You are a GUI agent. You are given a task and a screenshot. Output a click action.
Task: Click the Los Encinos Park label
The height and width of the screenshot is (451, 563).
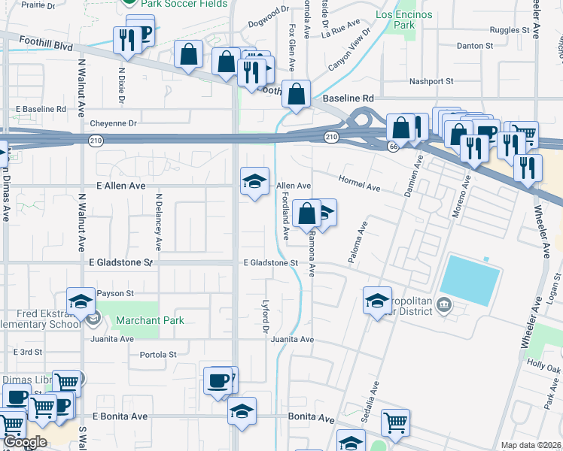[x=405, y=20]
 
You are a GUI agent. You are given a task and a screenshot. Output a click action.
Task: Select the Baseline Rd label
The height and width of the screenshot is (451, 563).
[x=348, y=98]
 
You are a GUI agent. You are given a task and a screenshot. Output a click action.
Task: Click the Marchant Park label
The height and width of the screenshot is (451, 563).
[x=150, y=320]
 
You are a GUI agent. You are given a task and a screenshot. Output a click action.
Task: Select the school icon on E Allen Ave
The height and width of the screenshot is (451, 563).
[x=254, y=181]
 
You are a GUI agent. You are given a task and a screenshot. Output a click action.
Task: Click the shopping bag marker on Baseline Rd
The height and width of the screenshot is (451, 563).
[x=298, y=95]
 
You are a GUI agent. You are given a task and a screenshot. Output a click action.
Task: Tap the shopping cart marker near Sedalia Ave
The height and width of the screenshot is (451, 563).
[x=395, y=422]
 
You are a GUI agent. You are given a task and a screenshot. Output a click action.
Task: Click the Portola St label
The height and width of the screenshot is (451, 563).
[x=158, y=354]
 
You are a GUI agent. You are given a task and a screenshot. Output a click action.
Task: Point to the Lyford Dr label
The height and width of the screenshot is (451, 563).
[x=265, y=319]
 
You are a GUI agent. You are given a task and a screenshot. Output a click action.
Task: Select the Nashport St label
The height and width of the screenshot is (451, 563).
[x=431, y=81]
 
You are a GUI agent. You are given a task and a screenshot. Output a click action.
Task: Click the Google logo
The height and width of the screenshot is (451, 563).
[x=25, y=442]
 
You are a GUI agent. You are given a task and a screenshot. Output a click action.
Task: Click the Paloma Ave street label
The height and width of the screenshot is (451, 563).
[x=358, y=242]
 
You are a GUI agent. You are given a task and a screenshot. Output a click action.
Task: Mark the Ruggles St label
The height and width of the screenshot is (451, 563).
[x=510, y=30]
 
